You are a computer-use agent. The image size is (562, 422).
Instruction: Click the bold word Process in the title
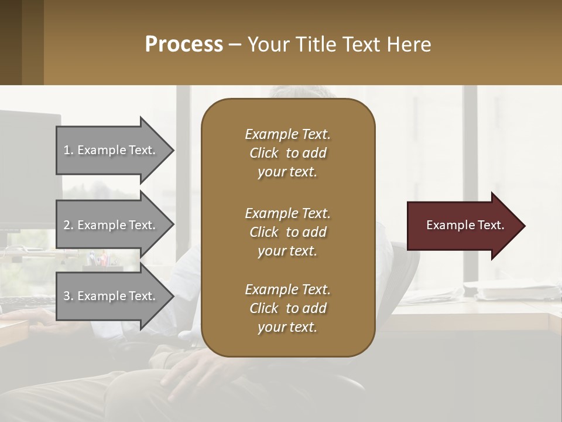(184, 45)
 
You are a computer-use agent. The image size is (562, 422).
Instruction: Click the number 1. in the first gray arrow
(68, 150)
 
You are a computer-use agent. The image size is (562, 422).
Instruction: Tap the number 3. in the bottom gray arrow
(68, 296)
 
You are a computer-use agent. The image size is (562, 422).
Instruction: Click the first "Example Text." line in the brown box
(287, 134)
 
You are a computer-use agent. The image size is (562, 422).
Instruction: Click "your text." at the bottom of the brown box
(287, 328)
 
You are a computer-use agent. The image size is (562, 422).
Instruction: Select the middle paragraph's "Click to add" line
(287, 232)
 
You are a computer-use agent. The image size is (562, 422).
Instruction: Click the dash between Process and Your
(235, 45)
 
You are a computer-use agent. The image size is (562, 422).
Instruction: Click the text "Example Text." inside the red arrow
(465, 225)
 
